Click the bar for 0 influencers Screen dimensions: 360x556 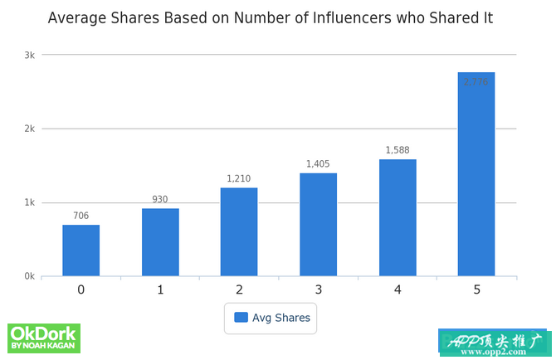coord(80,251)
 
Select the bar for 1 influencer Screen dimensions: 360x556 coord(160,242)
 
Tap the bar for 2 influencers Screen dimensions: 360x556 coord(239,232)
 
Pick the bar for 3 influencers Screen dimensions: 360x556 coord(318,225)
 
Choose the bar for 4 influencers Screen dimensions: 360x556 coord(397,218)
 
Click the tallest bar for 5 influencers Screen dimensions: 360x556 coord(476,174)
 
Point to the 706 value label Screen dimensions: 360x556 coord(80,216)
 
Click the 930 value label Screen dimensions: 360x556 coord(160,200)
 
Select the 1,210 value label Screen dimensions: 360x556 coord(239,179)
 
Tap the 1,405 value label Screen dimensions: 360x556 coord(318,164)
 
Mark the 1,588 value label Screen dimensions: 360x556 coord(397,151)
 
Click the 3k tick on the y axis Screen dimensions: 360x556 coord(29,55)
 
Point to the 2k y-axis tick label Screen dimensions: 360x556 coord(29,129)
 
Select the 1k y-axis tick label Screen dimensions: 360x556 coord(29,202)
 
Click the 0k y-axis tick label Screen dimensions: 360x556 coord(29,276)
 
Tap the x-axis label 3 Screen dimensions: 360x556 coord(318,289)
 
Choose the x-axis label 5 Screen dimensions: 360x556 coord(476,289)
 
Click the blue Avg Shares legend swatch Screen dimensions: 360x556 coord(241,318)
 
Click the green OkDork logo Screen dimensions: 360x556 coord(43,337)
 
